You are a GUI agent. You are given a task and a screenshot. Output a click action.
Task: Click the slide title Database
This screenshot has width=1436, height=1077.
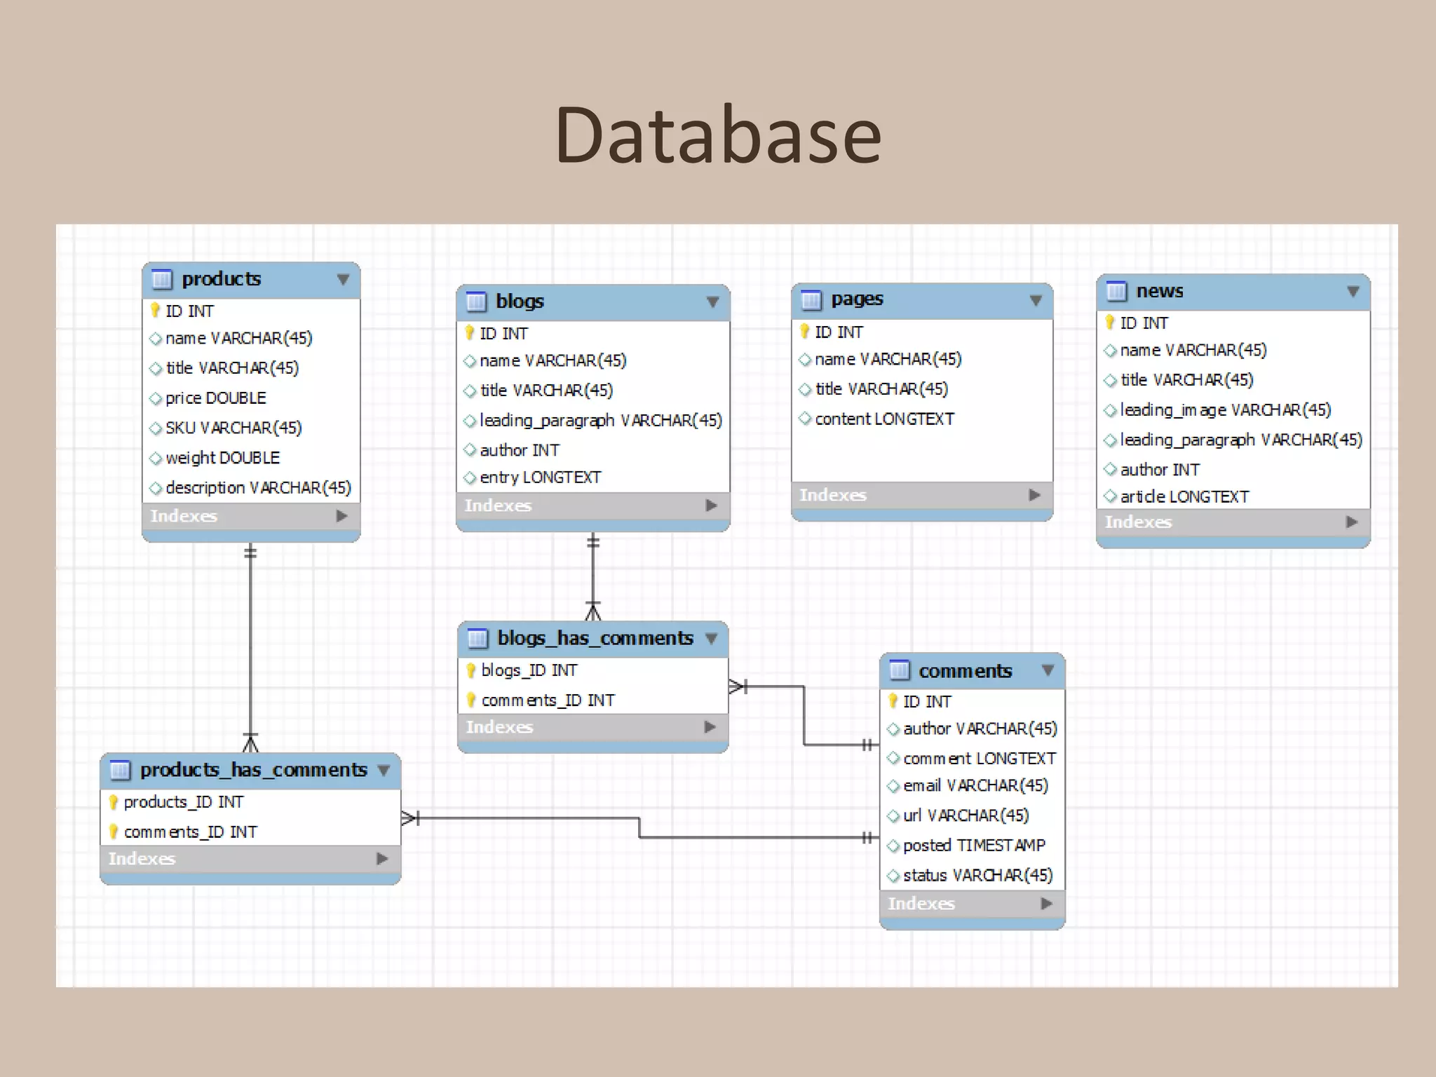(x=718, y=135)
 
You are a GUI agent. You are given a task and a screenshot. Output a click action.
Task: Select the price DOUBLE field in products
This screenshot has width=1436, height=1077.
(x=215, y=398)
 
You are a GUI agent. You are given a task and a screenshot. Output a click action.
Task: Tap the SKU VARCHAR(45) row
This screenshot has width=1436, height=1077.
(x=233, y=428)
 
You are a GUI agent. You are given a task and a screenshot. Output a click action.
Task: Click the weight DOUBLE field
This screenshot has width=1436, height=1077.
(x=222, y=458)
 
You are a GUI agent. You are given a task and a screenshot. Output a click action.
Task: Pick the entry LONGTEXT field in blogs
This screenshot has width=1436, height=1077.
(x=540, y=477)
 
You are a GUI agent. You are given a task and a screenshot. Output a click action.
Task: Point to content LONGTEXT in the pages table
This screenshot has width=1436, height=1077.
(x=884, y=419)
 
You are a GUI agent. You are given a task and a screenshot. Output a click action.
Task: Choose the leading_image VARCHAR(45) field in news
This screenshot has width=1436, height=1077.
(x=1225, y=410)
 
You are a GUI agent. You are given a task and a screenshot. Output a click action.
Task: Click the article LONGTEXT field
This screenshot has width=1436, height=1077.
(x=1184, y=497)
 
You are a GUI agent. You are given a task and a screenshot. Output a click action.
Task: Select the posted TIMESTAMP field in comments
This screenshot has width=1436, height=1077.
(x=974, y=846)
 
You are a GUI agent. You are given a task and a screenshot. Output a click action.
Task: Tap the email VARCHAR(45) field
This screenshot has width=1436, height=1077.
(x=975, y=786)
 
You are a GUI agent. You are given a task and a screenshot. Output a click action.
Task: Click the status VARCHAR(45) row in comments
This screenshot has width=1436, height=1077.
(x=977, y=876)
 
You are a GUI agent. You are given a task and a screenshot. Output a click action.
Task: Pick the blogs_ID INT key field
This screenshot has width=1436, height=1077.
(x=529, y=671)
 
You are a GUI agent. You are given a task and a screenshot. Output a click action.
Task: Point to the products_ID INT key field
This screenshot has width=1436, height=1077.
(x=183, y=802)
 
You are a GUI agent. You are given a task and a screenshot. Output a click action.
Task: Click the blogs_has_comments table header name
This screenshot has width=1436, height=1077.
(x=595, y=638)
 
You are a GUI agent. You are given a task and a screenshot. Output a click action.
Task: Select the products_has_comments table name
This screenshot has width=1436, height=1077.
(x=253, y=770)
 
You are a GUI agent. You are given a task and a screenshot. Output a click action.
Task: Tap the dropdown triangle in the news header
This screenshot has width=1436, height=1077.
(x=1353, y=292)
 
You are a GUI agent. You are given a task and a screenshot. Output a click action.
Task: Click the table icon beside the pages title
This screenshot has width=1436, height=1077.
(x=811, y=300)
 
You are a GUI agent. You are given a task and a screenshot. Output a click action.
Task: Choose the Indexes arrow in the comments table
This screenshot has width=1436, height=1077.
(x=1047, y=904)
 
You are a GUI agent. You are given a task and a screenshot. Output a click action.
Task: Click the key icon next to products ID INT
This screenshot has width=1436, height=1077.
(x=156, y=310)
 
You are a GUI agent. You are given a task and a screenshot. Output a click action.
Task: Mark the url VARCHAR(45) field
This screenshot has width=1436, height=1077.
(x=966, y=816)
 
